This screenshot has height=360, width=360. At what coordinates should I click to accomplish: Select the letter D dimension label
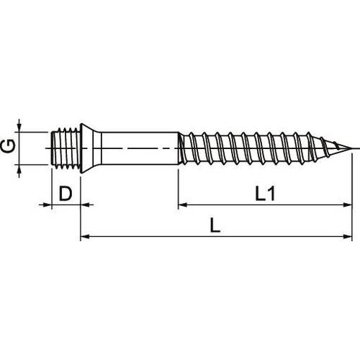coord(66,194)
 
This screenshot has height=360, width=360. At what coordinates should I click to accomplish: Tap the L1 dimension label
coord(265,194)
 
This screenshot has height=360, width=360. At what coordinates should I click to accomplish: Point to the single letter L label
coord(215,225)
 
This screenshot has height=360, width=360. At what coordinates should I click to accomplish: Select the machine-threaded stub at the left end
coord(66,148)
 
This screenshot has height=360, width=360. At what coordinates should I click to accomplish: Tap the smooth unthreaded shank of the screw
coord(140,148)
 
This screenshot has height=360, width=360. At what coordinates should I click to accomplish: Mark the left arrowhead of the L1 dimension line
coord(183,204)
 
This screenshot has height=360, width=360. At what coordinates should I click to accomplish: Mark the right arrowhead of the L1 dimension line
coord(348,204)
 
